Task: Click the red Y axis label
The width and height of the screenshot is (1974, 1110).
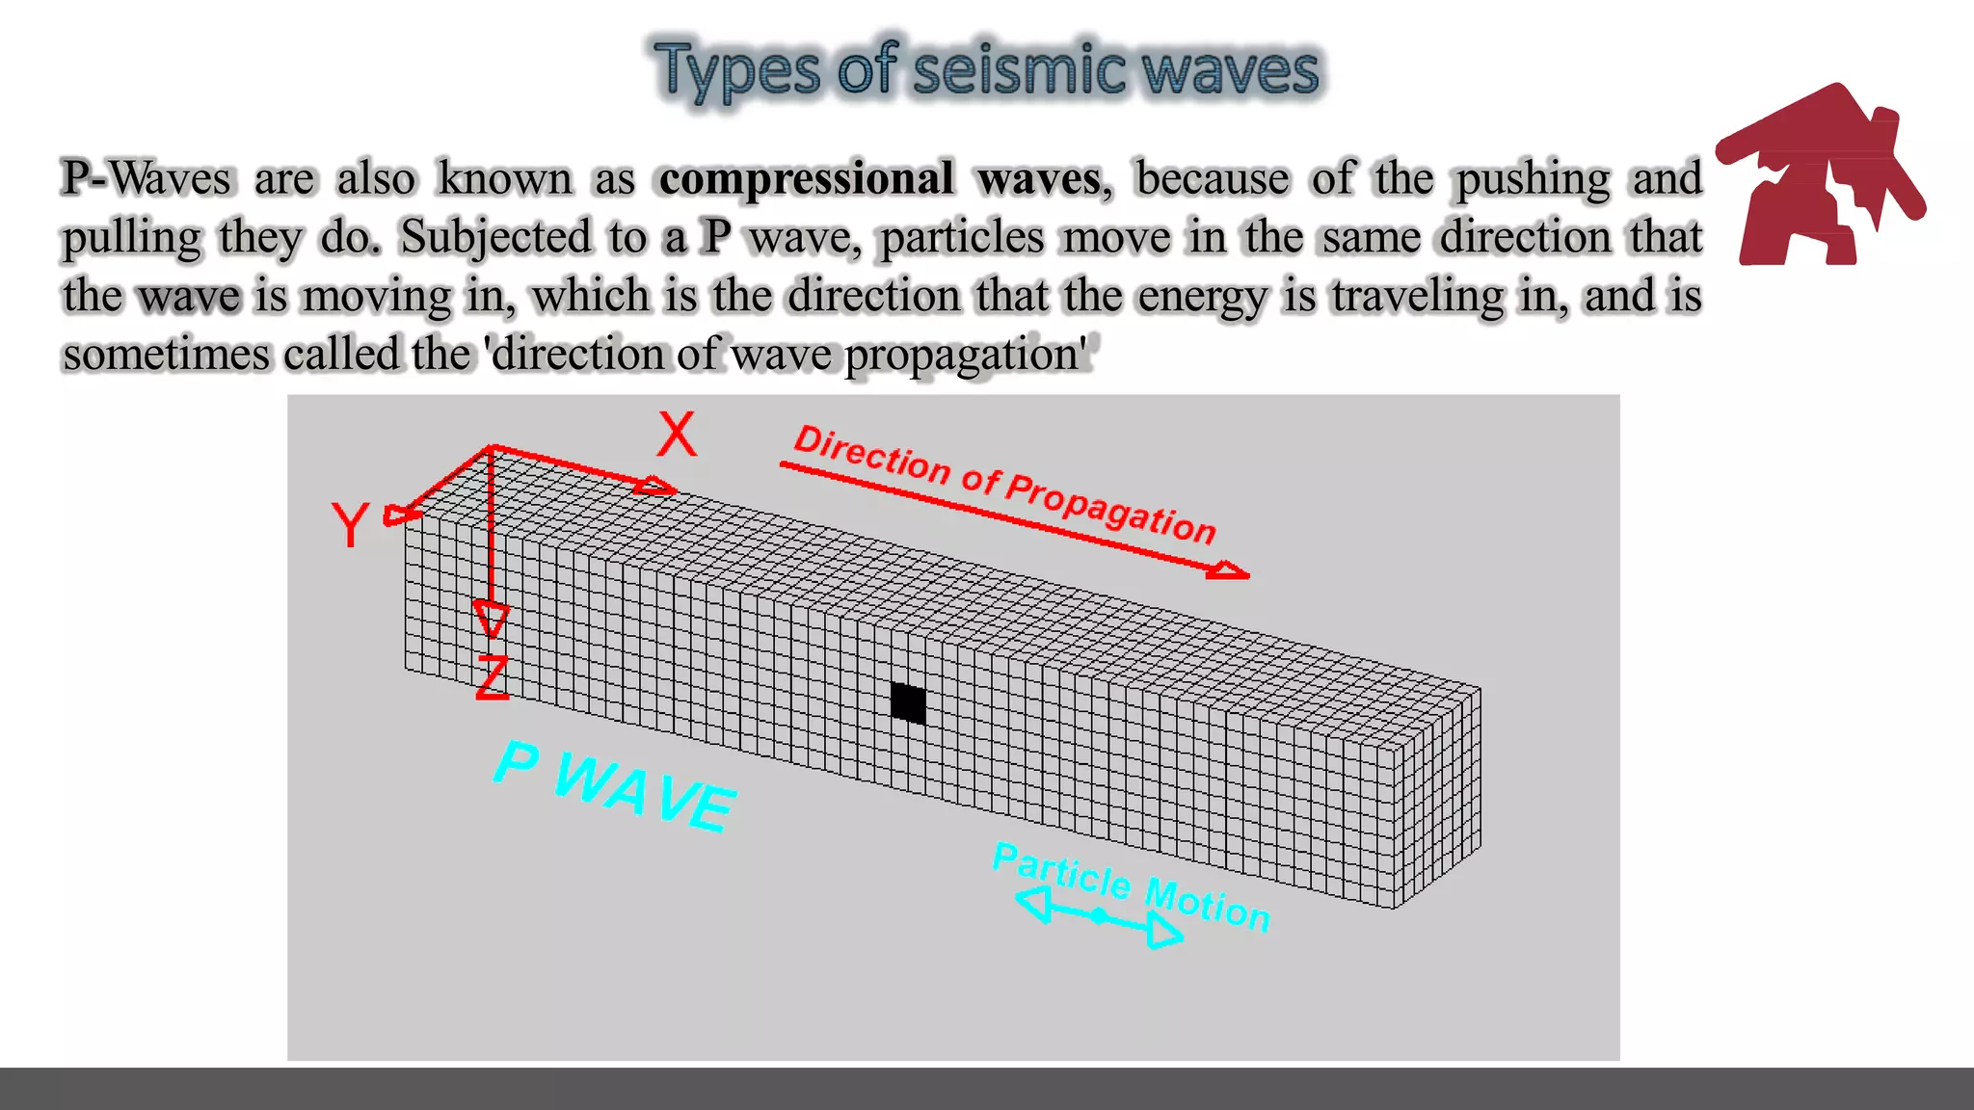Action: point(350,525)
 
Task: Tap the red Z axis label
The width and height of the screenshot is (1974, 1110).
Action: point(493,676)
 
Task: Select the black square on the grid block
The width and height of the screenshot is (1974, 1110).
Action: point(908,702)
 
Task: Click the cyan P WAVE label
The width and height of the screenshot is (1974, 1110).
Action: point(615,785)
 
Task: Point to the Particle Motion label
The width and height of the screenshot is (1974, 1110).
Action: point(1132,885)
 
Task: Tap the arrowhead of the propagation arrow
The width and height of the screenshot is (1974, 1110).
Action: point(1228,571)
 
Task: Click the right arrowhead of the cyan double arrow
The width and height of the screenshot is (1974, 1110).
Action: point(1164,931)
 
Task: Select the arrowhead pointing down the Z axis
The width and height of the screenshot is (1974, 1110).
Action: point(492,619)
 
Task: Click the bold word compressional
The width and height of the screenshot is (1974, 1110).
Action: point(806,178)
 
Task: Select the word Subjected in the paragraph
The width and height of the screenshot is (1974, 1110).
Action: point(495,238)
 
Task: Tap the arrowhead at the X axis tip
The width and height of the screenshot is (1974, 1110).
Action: point(655,486)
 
